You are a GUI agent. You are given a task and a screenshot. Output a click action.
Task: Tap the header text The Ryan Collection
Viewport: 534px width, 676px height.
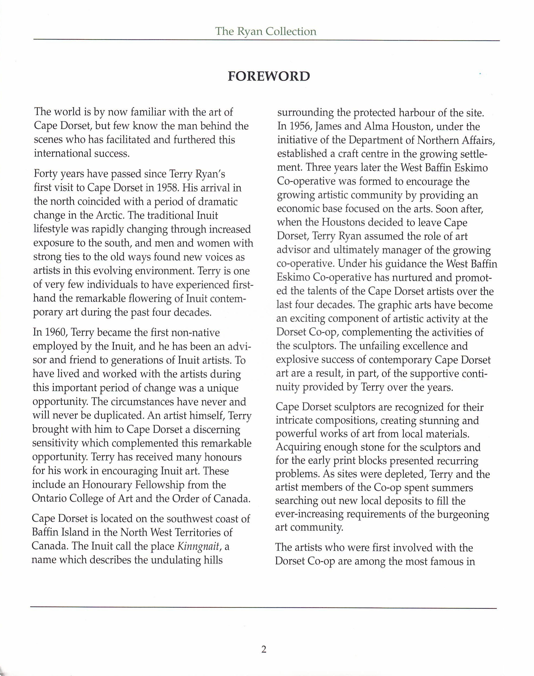[x=265, y=31]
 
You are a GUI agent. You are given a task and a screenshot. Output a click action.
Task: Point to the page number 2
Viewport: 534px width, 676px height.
[x=264, y=650]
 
